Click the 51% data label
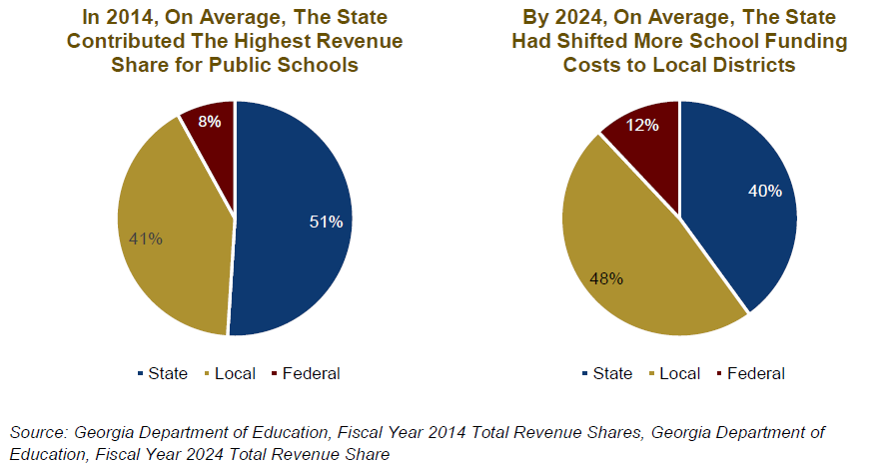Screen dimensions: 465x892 [x=326, y=222]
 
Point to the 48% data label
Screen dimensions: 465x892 [x=606, y=278]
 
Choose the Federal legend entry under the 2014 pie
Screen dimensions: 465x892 [x=305, y=374]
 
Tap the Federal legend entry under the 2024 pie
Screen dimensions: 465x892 [x=749, y=374]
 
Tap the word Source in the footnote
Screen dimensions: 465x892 [x=37, y=432]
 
